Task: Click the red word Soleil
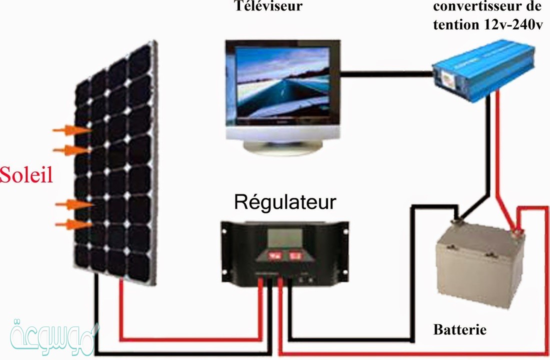(26, 175)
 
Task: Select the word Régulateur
(285, 202)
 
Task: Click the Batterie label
(459, 330)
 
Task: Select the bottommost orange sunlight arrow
(73, 224)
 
